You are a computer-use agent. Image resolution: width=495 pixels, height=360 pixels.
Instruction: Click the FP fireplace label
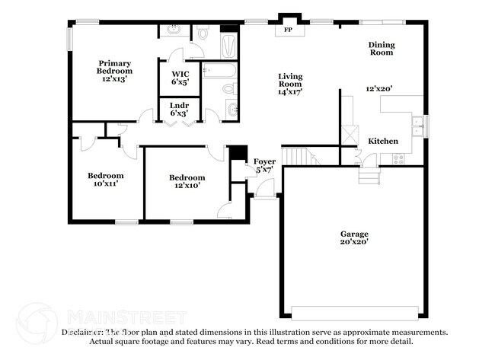(x=289, y=30)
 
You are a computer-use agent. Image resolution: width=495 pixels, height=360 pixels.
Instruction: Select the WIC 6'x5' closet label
(x=180, y=77)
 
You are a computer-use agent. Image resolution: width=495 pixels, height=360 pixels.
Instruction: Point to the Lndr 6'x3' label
(x=180, y=109)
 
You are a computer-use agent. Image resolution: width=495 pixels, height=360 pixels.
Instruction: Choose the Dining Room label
(x=382, y=49)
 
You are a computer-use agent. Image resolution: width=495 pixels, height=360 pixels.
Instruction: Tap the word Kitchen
(x=383, y=142)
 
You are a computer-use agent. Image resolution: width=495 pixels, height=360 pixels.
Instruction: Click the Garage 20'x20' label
(x=354, y=237)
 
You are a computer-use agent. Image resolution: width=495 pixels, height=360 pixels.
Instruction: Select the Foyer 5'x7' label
(x=263, y=165)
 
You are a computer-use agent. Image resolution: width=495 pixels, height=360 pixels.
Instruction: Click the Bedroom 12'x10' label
(x=187, y=181)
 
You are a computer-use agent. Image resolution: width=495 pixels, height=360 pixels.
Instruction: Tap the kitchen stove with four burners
(x=398, y=159)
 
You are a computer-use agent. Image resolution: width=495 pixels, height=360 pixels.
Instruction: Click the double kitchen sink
(x=417, y=124)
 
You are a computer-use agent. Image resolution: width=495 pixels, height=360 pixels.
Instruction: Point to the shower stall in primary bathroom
(x=228, y=41)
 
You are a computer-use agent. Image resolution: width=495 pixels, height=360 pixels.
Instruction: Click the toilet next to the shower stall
(x=203, y=33)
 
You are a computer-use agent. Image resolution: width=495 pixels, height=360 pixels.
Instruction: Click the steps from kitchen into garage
(x=369, y=176)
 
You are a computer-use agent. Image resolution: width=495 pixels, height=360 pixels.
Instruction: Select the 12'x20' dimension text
(x=378, y=89)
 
